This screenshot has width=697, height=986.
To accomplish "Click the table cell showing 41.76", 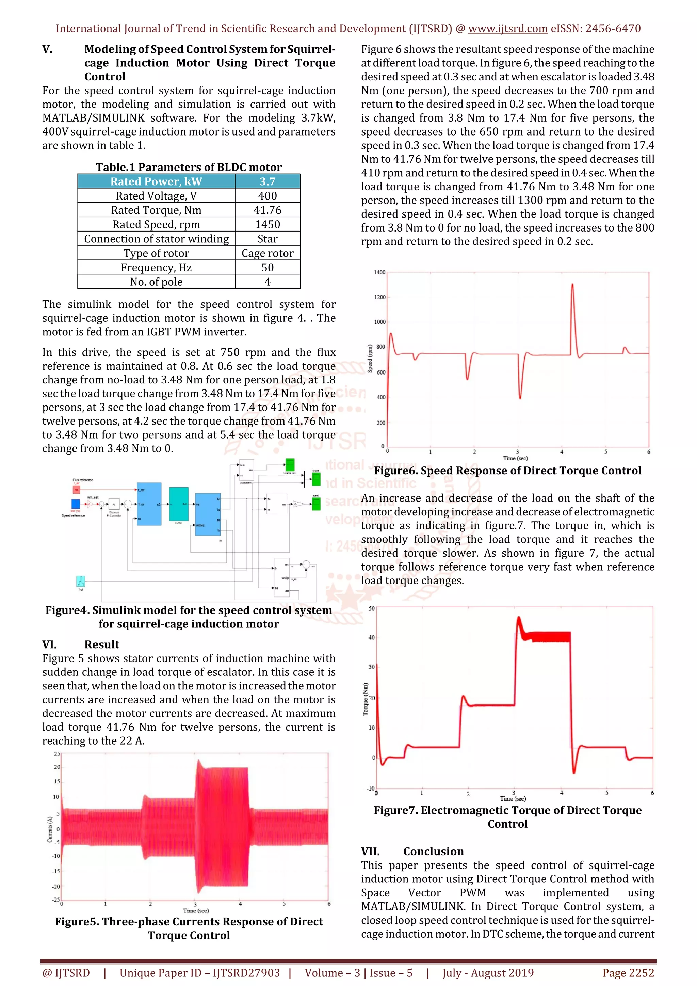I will [268, 210].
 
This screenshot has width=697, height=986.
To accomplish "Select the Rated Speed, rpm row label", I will [156, 225].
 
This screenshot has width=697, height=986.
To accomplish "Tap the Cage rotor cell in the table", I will [268, 253].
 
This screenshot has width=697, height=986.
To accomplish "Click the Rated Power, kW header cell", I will [156, 181].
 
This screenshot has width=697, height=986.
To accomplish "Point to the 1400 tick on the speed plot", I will [379, 272].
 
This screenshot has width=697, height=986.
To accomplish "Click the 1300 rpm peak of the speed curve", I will [572, 285].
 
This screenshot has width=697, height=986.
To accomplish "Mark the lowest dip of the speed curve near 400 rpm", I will [520, 398].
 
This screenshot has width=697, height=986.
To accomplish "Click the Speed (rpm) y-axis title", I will [370, 359].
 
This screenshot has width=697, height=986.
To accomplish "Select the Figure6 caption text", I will [507, 471].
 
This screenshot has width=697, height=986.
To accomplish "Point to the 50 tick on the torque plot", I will [372, 608].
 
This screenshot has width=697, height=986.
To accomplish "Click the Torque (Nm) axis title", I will [365, 699].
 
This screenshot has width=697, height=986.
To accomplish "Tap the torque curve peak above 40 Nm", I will [519, 618].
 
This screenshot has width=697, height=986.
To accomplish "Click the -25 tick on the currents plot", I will [56, 899].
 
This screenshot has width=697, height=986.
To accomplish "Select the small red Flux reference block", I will [76, 490].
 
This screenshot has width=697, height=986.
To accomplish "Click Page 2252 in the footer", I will [628, 973].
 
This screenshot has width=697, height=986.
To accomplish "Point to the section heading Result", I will [102, 644].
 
